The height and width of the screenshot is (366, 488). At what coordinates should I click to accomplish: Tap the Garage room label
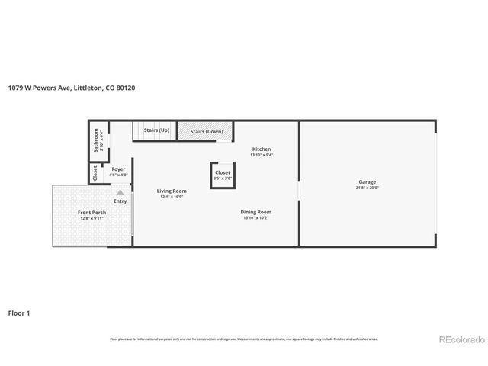coord(367,181)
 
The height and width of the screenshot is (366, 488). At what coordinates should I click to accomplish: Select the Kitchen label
coord(261,149)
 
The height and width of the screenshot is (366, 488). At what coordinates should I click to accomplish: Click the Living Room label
coord(172,191)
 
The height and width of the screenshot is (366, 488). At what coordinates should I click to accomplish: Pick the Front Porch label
coord(91,212)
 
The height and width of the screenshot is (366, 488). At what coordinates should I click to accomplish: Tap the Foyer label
coord(118,169)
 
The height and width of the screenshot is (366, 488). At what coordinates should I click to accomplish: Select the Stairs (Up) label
coord(156,131)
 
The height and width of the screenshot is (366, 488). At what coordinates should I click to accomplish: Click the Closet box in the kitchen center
coord(223,175)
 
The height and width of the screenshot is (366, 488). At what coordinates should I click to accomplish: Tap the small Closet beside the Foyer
coord(95,173)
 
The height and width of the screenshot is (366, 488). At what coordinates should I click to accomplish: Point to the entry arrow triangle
coord(120,193)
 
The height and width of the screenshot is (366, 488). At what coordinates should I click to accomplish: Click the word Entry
coord(120,201)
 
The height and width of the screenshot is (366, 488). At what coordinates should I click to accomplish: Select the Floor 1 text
coord(19,313)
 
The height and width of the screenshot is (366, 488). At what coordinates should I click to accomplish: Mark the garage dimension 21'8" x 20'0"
coord(367,188)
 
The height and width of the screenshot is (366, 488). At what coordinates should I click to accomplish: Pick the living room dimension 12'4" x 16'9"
coord(172,197)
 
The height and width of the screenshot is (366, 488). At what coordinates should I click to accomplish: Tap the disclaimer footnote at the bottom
coord(243,339)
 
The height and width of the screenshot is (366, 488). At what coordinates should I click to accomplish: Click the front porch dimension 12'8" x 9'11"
coord(91,218)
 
